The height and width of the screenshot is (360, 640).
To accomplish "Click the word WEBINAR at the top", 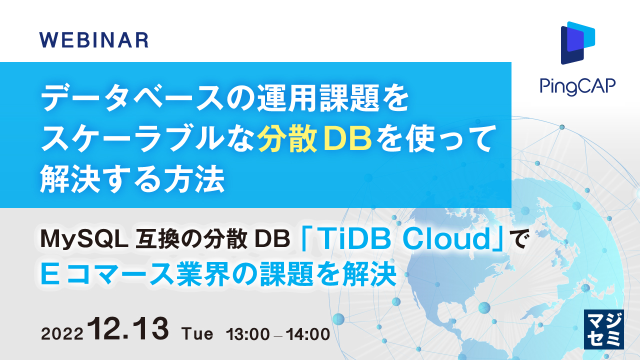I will pos(93,39).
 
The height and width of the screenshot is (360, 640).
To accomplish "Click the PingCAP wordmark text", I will pos(577,86).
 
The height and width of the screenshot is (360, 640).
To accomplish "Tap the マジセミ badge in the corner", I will pos(603,328).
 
